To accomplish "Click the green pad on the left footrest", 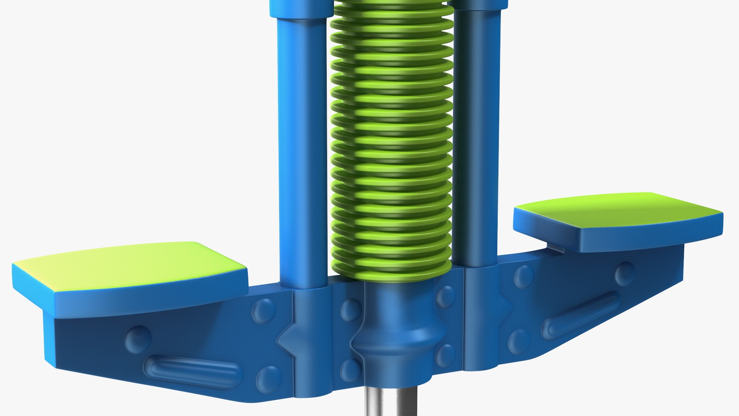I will [x=127, y=266].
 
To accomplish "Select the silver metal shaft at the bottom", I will [x=390, y=403].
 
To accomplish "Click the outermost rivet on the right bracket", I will [x=624, y=273].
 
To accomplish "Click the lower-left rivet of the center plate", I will [x=350, y=370].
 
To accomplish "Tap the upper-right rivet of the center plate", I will [x=446, y=297].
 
